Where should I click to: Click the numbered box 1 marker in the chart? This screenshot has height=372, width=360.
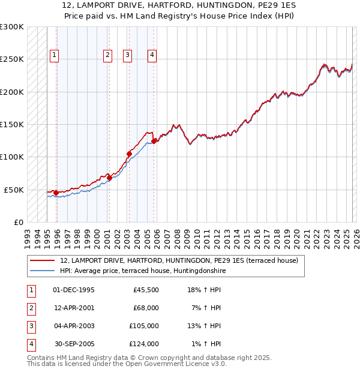(x=55, y=55)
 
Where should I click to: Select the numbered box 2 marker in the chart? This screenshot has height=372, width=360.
(x=107, y=55)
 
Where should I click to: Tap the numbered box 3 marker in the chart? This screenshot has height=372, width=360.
(x=128, y=55)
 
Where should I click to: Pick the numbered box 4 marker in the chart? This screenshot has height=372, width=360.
(x=152, y=55)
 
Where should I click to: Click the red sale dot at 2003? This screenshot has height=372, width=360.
(x=129, y=154)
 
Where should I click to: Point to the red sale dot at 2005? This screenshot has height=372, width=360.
(x=154, y=142)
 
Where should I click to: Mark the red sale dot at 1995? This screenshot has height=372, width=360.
(x=56, y=193)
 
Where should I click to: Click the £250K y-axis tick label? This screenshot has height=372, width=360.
(x=11, y=59)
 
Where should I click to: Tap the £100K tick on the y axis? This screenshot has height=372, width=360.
(x=11, y=157)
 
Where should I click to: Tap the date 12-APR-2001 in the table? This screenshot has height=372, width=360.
(x=74, y=308)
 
